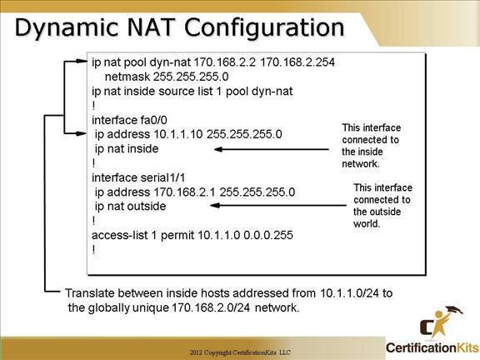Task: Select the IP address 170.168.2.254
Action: [297, 62]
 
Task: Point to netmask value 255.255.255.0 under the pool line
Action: [191, 77]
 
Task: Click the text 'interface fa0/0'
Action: [129, 120]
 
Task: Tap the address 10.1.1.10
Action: [177, 134]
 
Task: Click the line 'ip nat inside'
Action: [127, 149]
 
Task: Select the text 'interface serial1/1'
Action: [138, 177]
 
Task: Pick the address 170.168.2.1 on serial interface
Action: [184, 192]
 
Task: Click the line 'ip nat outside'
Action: [130, 207]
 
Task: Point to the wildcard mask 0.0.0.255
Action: [268, 235]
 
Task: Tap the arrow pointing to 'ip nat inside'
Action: [272, 149]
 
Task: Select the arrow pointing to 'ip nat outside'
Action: [278, 205]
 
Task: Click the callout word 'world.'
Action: [367, 224]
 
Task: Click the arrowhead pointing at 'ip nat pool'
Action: [82, 61]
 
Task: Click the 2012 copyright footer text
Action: [240, 352]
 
